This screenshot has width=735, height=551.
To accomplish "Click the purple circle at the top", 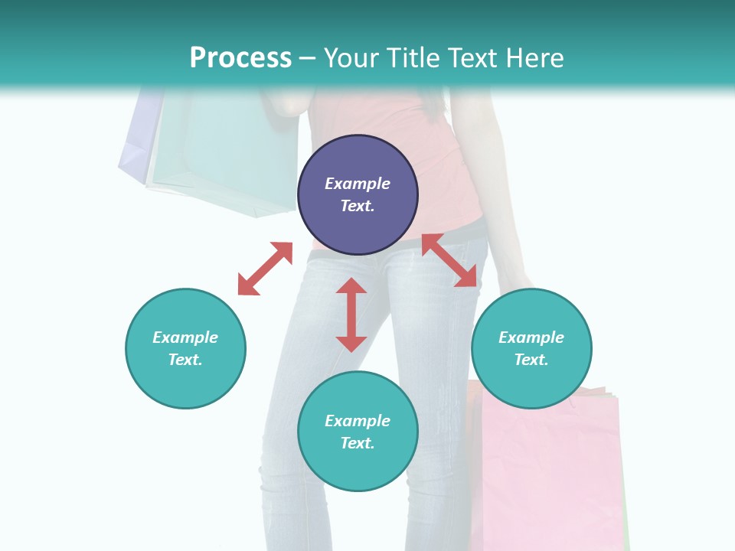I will (358, 194).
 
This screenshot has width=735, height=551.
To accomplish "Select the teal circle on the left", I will (185, 348).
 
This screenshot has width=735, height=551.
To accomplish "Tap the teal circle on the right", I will (531, 348).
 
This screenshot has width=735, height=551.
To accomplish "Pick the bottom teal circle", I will (358, 432).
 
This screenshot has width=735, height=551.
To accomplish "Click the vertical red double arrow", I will (351, 315).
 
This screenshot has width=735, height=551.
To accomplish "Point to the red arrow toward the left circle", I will (266, 269).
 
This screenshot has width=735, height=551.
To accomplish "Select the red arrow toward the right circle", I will (449, 260).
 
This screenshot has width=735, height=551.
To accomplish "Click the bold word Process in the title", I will (240, 58).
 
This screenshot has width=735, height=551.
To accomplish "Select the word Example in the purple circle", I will (358, 184).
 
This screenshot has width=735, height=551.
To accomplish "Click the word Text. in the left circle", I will (185, 360).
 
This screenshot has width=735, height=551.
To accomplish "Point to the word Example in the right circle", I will (531, 337).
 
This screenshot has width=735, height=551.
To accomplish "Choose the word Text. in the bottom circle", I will (358, 443).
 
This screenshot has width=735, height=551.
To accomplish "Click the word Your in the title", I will (349, 58).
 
